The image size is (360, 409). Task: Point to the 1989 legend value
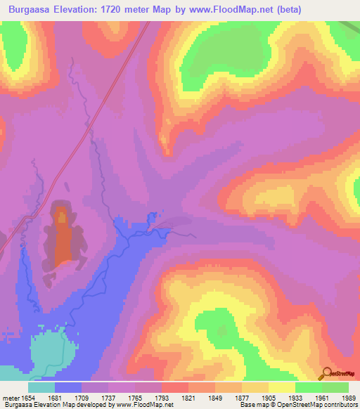click(x=347, y=398)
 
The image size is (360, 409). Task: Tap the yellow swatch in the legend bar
click(x=281, y=387)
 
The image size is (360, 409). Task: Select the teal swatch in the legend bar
click(x=41, y=387)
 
